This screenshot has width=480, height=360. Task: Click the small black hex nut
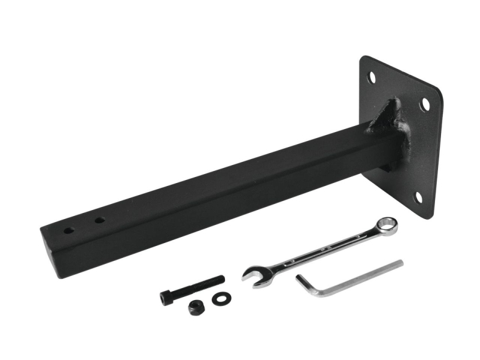tap(196, 307)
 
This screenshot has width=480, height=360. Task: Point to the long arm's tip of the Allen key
tap(400, 263)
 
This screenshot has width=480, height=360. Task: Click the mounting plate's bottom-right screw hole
tap(419, 197)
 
